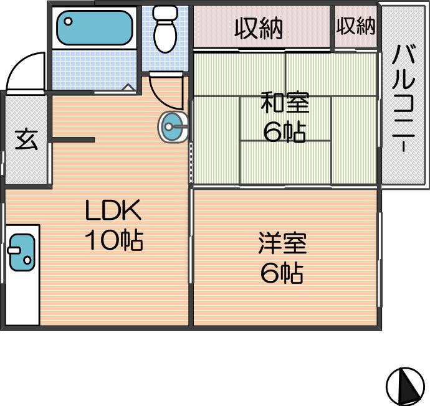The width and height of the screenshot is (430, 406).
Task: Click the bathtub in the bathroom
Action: point(95,27)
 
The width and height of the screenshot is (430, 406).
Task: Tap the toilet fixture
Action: point(165,29)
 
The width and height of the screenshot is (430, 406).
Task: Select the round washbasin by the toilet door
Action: point(173,127)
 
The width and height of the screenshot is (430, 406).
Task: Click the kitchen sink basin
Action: point(22,252)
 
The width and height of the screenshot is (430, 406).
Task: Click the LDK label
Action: point(113,210)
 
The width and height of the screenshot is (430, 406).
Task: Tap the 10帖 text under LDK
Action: point(114,240)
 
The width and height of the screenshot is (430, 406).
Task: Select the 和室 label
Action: point(285,103)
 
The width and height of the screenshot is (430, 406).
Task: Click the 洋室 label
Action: point(282,243)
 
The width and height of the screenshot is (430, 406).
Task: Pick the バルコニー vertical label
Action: point(403,98)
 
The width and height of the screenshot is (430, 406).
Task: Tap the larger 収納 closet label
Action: point(259,28)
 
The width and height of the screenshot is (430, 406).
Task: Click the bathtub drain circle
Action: point(68,21)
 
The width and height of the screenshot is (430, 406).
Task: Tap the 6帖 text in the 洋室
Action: point(282,273)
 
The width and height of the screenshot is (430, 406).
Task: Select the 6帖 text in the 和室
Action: point(284,132)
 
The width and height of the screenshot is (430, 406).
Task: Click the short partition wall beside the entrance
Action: point(73,139)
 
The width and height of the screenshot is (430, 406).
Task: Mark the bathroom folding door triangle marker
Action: point(128,87)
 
